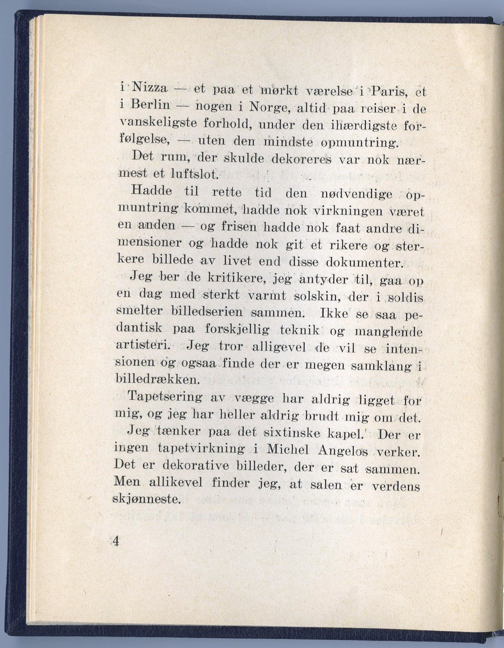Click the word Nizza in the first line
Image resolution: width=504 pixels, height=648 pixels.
pos(149,88)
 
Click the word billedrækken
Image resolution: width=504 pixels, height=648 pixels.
pos(157,380)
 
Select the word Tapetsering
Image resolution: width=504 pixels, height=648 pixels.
pos(165,398)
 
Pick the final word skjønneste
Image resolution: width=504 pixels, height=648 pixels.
pos(146,499)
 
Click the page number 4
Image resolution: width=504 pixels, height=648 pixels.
pos(115,541)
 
